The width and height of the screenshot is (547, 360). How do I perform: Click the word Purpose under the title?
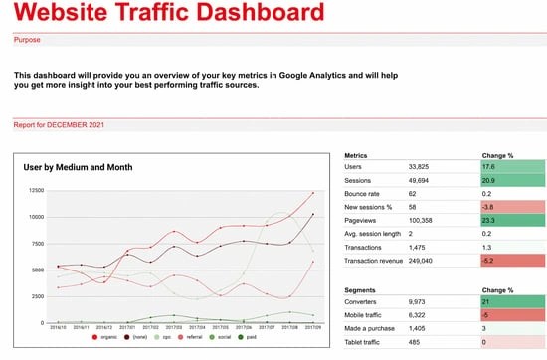pyautogui.click(x=28, y=41)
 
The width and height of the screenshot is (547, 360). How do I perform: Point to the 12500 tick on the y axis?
pyautogui.click(x=35, y=190)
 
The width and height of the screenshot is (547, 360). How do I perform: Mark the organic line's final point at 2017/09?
pyautogui.click(x=313, y=193)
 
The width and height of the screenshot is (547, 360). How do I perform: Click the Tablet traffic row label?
pyautogui.click(x=369, y=341)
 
